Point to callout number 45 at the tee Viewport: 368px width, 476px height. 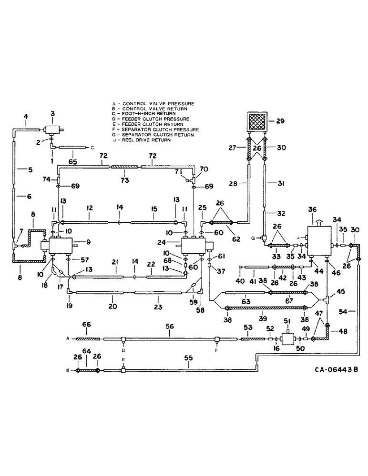341,292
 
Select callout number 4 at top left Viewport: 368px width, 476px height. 25,116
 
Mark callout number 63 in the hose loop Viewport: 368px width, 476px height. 245,300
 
